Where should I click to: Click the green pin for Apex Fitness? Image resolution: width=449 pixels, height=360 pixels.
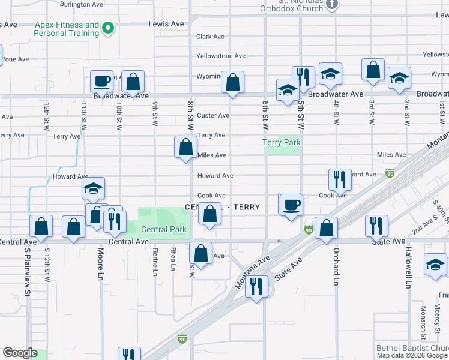[x=108, y=28]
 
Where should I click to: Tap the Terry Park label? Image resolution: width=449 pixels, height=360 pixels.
[x=281, y=143]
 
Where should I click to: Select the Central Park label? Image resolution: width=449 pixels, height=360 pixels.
[x=164, y=229]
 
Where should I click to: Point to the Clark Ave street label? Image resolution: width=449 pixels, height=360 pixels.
[x=210, y=37]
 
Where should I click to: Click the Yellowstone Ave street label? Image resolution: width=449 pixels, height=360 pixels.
[x=221, y=56]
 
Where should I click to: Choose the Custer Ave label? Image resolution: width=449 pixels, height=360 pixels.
[x=214, y=115]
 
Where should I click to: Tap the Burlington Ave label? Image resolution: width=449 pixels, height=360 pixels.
[x=82, y=4]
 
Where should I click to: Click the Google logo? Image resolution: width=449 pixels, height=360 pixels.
[x=20, y=353]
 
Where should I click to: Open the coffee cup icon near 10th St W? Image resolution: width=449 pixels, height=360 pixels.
[x=102, y=81]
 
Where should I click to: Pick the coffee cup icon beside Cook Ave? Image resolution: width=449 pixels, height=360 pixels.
[x=291, y=205]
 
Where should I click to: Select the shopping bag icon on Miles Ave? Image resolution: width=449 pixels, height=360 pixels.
[x=186, y=147]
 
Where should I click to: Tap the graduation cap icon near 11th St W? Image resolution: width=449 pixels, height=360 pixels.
[x=93, y=188]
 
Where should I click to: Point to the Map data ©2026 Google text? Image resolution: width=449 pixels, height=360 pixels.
[x=412, y=355]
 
